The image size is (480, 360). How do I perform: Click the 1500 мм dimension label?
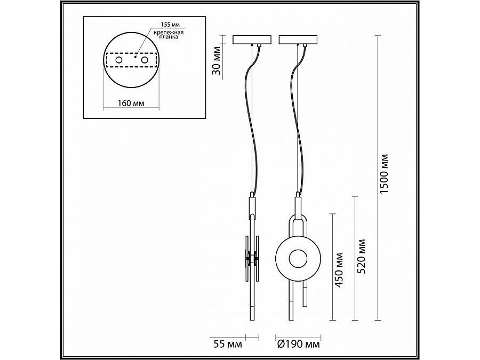[x=383, y=173]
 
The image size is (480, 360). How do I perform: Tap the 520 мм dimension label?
[x=361, y=256]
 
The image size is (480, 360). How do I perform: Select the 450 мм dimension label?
[x=339, y=270]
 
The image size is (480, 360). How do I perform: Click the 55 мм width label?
[x=227, y=345]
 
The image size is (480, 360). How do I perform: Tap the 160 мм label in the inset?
[x=131, y=103]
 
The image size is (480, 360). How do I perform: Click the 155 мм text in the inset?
[x=170, y=24]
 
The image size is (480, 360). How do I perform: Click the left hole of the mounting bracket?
[x=118, y=60]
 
